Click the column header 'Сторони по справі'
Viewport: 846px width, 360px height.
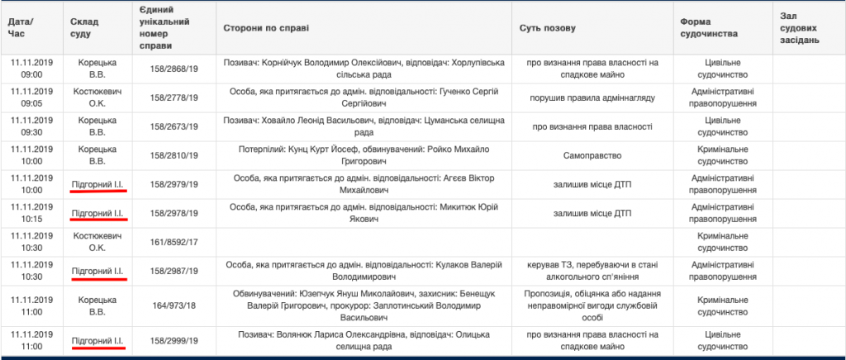(x=266, y=28)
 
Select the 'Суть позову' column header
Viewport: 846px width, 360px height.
(x=547, y=28)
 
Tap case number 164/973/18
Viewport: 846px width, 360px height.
(x=173, y=306)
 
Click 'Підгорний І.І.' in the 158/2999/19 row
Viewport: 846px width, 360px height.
(x=98, y=340)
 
